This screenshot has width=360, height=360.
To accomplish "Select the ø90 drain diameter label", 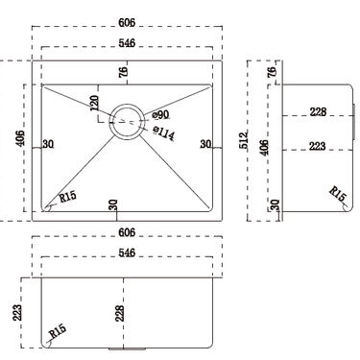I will [160, 115].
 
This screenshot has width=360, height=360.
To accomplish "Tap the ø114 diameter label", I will [163, 134].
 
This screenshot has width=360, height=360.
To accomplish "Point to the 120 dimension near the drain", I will [94, 105].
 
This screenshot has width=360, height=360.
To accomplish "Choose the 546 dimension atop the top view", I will [127, 43].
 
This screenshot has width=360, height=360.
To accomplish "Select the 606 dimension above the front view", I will [127, 233].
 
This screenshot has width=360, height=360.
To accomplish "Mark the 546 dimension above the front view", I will [127, 252].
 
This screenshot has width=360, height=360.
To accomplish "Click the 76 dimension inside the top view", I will [123, 73].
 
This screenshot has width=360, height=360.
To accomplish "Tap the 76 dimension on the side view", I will [273, 73].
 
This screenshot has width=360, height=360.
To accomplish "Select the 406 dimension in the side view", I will [265, 148].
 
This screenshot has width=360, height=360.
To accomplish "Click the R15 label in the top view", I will [67, 197].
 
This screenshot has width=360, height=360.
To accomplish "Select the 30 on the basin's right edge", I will [204, 145].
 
